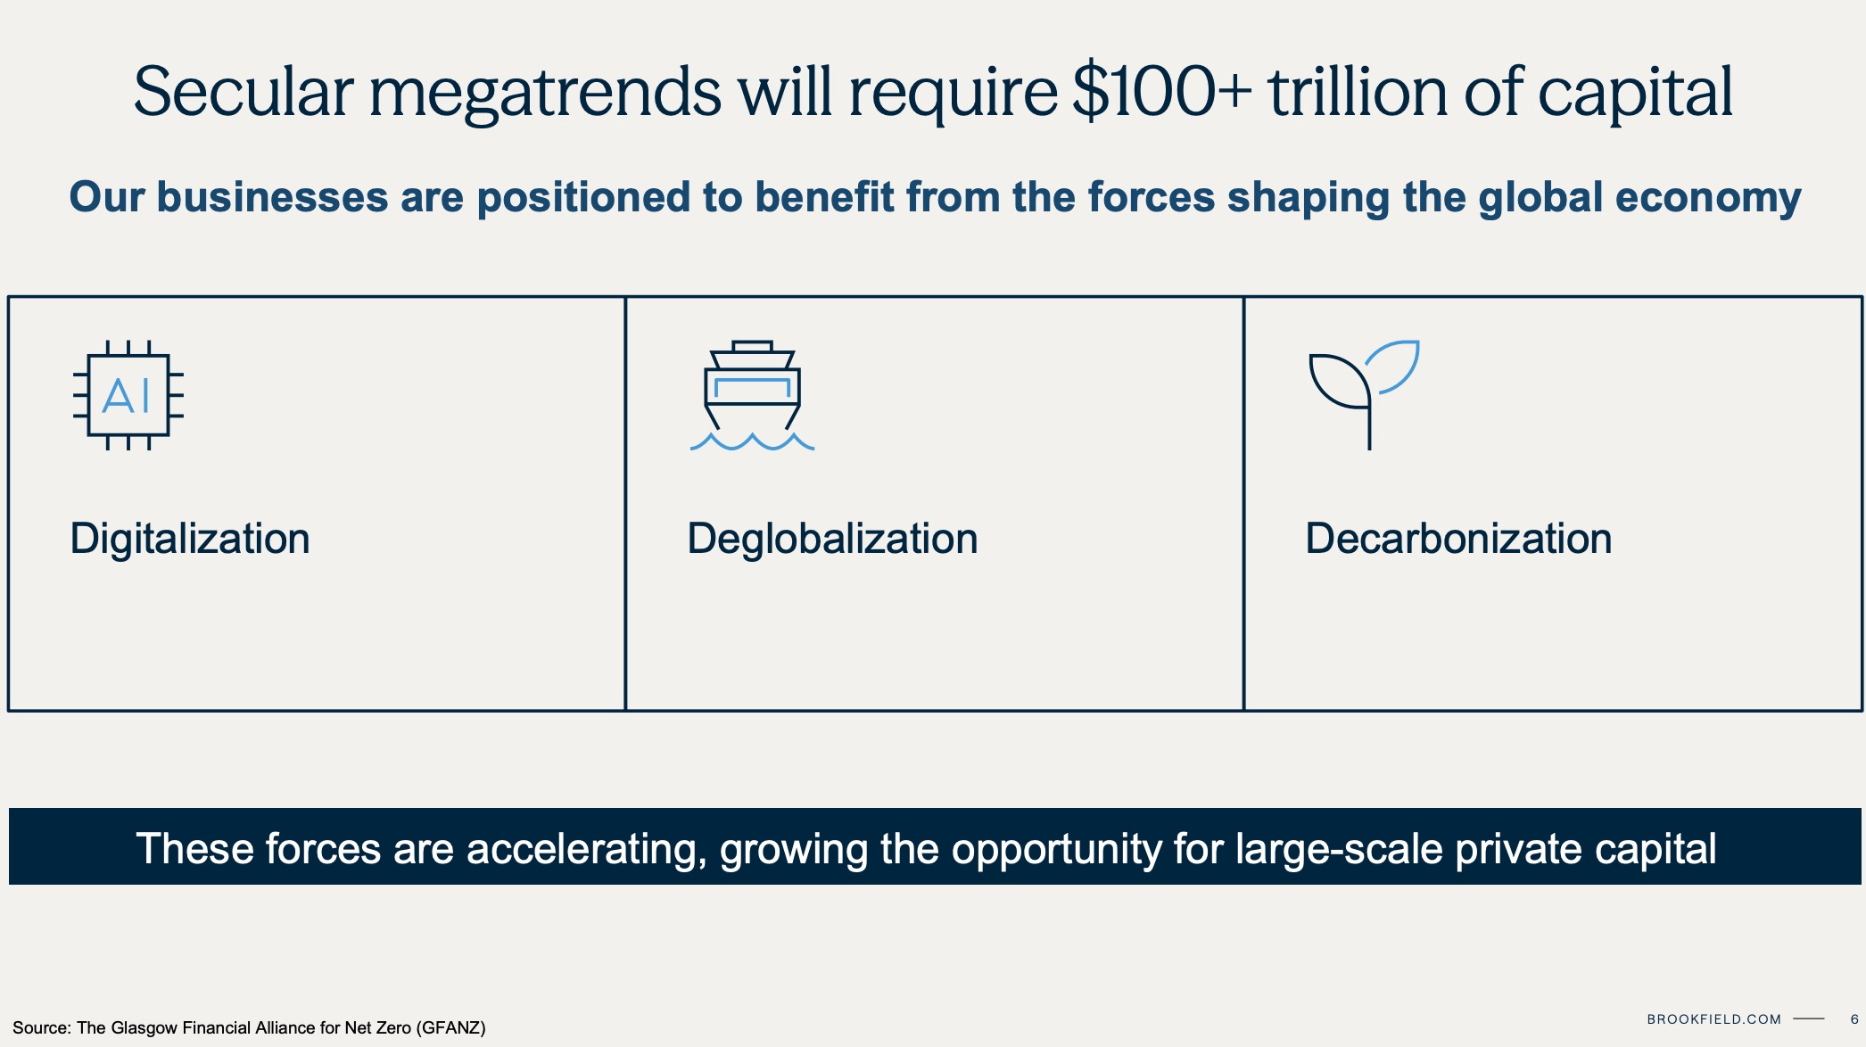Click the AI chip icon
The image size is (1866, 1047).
tap(128, 395)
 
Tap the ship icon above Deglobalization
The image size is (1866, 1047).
tap(752, 395)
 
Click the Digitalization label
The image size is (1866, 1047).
tap(190, 540)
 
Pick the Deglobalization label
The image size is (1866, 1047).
tap(832, 539)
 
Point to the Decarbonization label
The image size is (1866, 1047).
tap(1458, 539)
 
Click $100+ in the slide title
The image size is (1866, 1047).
tap(1162, 92)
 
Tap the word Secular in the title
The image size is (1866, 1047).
tap(244, 92)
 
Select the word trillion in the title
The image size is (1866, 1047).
tap(1358, 91)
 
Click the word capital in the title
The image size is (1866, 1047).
tap(1636, 94)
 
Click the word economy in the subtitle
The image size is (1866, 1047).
tap(1707, 200)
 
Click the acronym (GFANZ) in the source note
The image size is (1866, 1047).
tap(451, 1028)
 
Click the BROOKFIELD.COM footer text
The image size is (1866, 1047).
tap(1713, 1019)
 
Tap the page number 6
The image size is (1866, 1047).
tap(1854, 1019)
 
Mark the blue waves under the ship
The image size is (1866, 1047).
tap(752, 441)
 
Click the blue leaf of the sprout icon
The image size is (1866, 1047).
tap(1392, 366)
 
